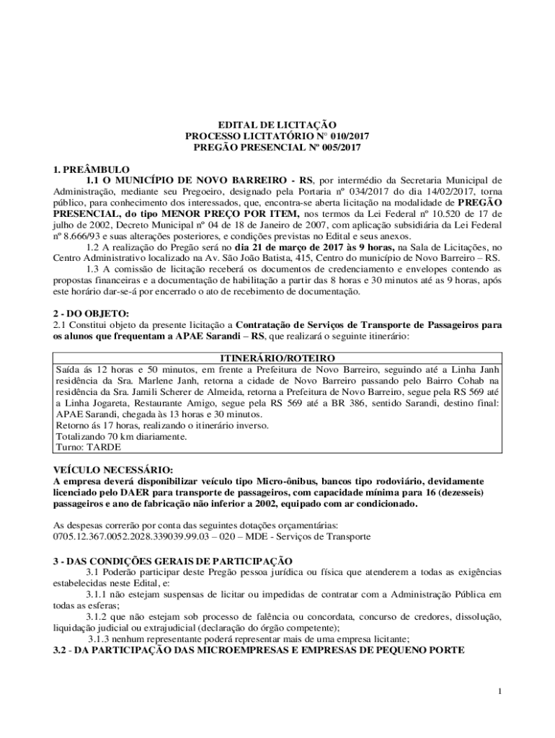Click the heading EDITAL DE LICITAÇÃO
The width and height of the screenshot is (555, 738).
[x=277, y=125]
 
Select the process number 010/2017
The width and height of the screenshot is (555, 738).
[x=329, y=135]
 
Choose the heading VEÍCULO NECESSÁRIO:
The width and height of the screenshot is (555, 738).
[x=112, y=469]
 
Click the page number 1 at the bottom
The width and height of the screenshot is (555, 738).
[x=498, y=693]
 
